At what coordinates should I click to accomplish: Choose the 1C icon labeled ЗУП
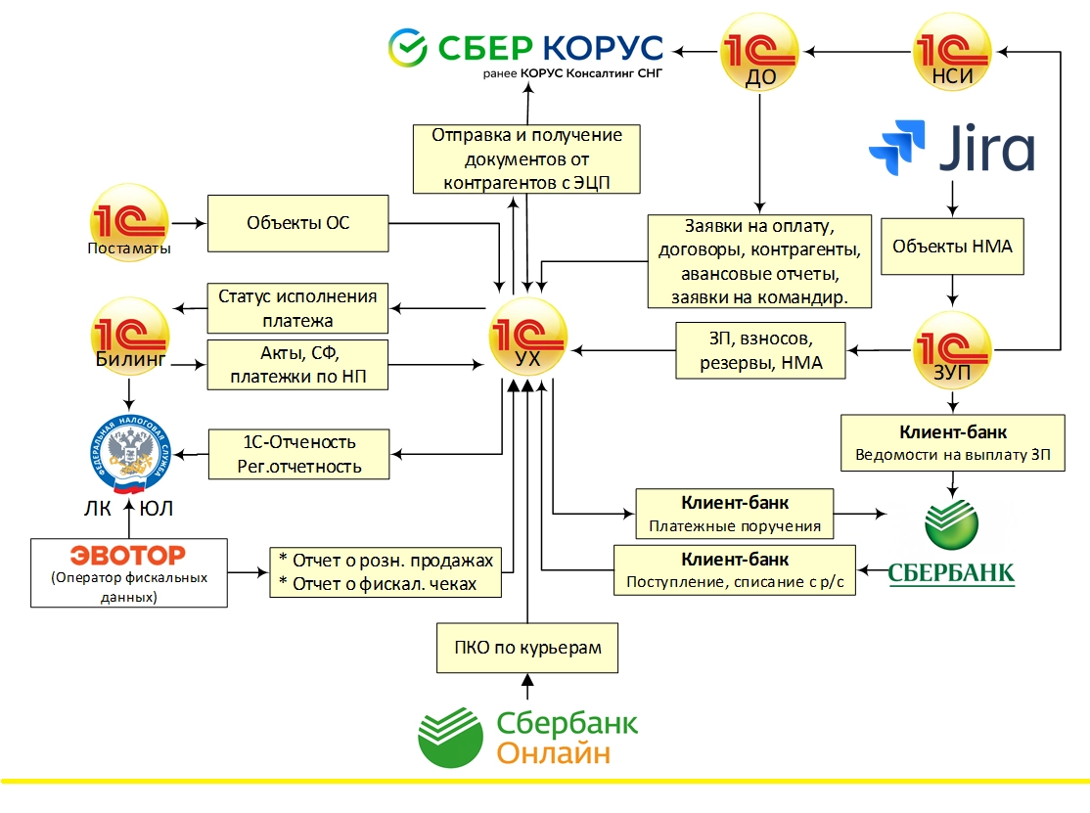coord(952,348)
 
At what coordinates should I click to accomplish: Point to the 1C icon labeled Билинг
coord(129,337)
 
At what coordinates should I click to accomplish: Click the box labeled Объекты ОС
coord(297,224)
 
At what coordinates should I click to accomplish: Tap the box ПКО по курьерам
coord(527,648)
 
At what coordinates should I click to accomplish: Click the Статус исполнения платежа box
coord(297,308)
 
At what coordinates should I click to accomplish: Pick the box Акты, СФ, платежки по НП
coord(297,364)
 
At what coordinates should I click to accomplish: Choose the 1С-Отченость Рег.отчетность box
coord(297,454)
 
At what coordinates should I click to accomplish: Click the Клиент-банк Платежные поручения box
coord(734,514)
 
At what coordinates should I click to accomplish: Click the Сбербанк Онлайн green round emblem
coord(451,735)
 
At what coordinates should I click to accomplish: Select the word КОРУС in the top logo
coord(602,46)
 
